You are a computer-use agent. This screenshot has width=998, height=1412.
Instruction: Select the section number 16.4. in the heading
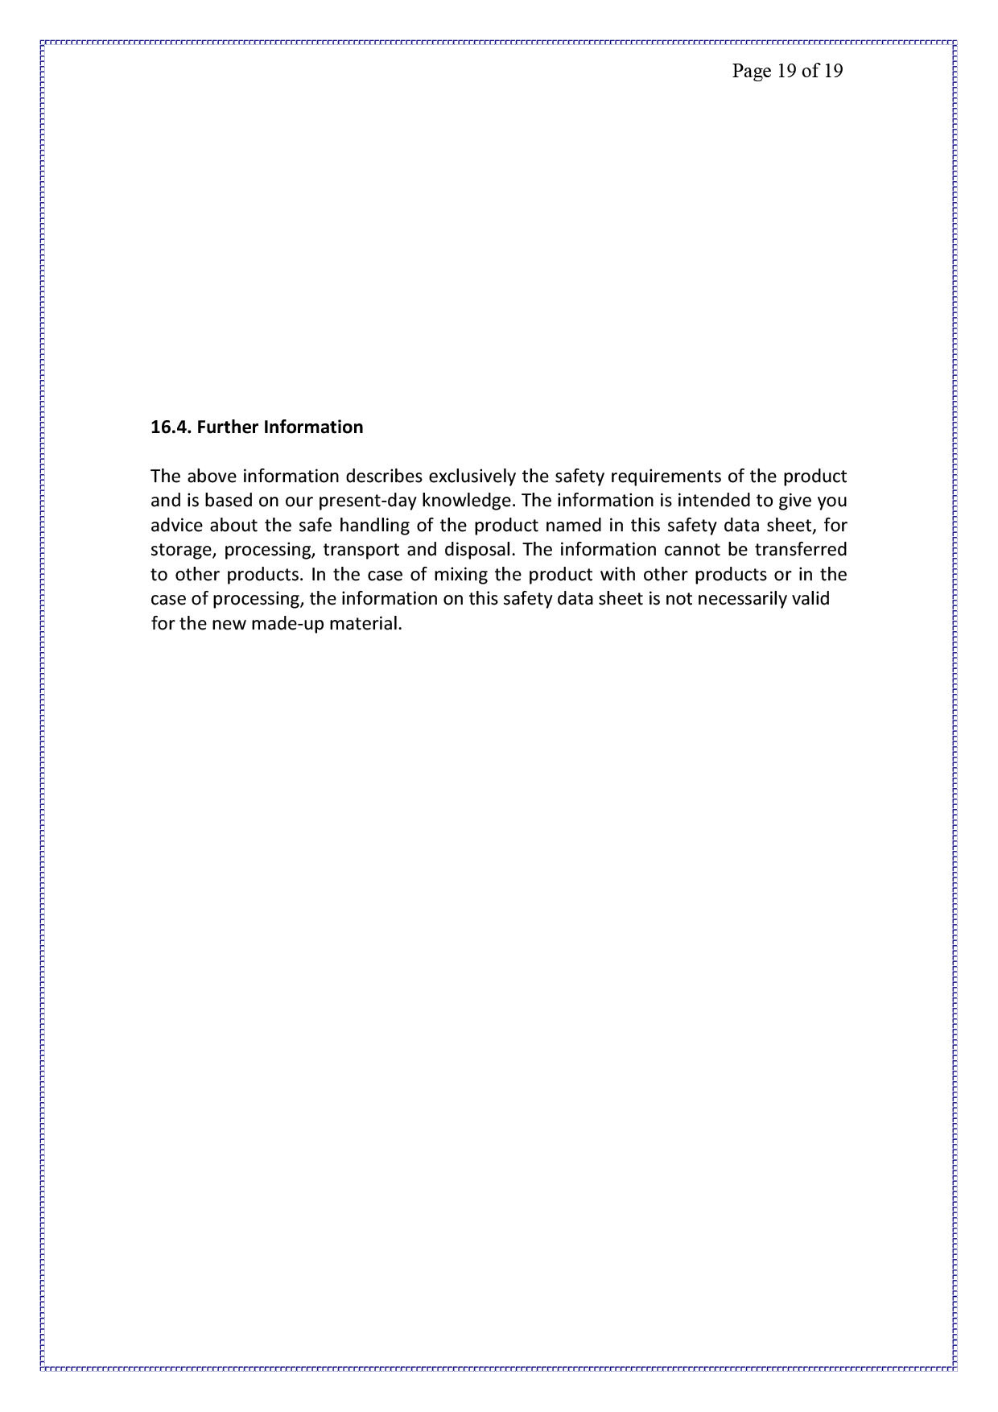coord(171,427)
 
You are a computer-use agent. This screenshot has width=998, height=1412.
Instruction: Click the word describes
coord(384,476)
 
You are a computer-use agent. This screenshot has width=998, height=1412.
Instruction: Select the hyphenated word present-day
coord(367,501)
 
